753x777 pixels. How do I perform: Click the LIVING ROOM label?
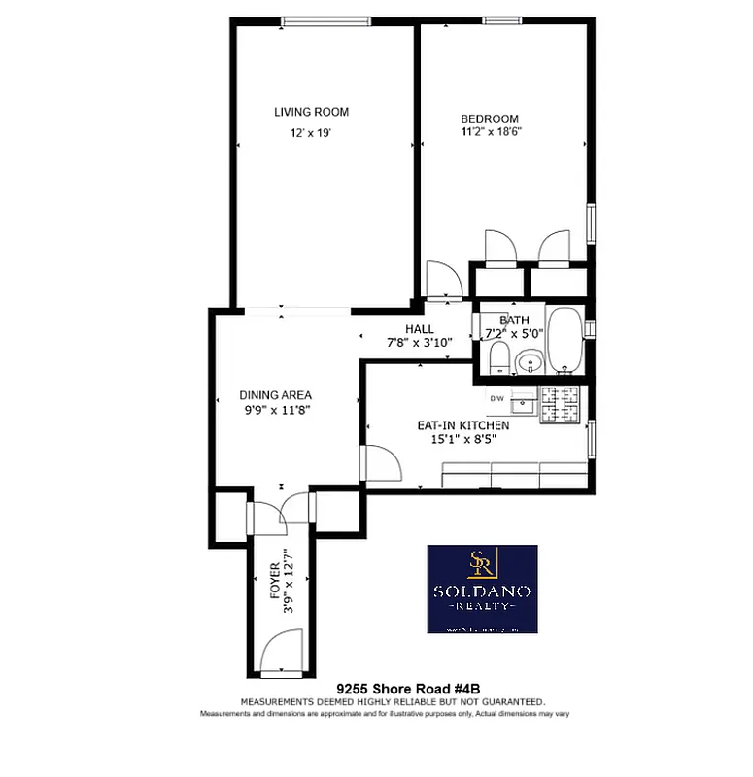tap(311, 112)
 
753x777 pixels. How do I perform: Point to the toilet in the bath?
tap(497, 358)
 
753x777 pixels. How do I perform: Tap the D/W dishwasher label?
tap(497, 398)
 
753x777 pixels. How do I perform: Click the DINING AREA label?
tap(276, 395)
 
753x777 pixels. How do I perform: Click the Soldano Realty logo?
tap(482, 589)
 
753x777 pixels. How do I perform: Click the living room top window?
tap(325, 21)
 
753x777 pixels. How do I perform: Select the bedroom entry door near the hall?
tap(444, 281)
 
